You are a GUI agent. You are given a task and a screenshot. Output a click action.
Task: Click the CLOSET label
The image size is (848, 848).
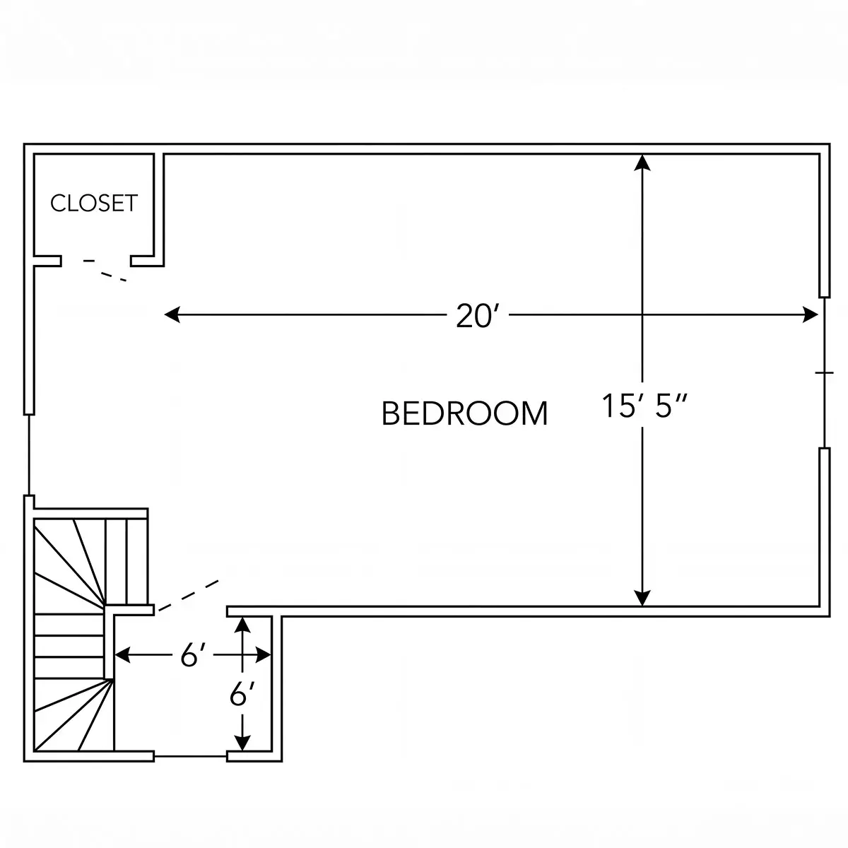pos(94,204)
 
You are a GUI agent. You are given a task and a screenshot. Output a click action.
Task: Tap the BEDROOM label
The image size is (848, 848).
pos(464,413)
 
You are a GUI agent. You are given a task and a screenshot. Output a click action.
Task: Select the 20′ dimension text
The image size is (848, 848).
pos(478,315)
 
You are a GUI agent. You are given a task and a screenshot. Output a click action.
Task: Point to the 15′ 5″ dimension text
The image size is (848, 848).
pos(644,406)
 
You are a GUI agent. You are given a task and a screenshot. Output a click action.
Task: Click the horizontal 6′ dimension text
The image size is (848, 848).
pos(194,656)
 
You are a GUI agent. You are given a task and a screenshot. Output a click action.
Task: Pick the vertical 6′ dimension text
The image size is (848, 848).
pos(242,694)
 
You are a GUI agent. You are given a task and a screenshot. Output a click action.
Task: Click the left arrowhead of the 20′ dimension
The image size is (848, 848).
pos(172,314)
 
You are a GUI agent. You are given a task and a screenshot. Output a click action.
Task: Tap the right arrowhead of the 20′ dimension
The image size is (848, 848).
pos(810,314)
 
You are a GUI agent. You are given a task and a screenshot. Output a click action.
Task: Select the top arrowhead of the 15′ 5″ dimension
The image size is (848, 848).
pos(642,163)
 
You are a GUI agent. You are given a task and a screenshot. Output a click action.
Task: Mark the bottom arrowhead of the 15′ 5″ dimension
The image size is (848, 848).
pos(642,598)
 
